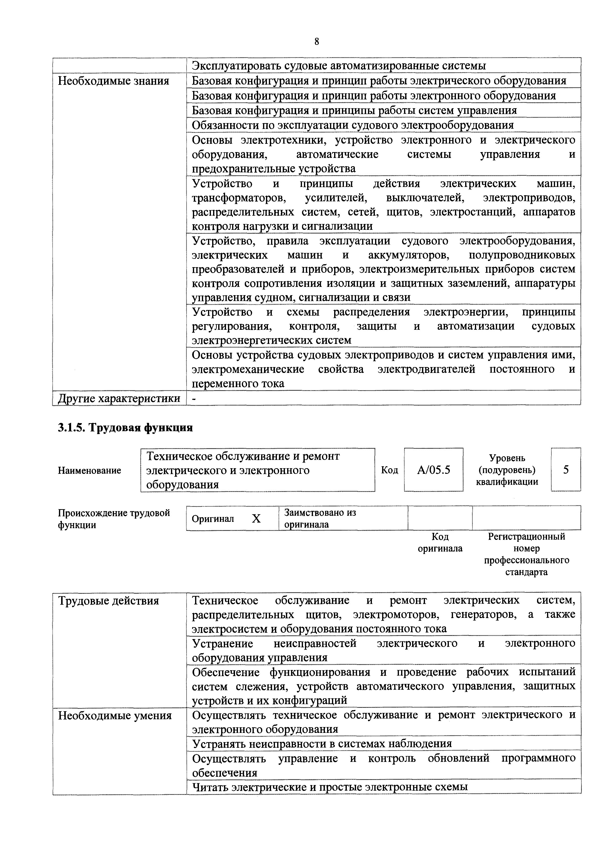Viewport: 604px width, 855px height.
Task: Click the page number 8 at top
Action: pos(316,42)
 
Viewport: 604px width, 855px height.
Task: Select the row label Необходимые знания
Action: pos(113,81)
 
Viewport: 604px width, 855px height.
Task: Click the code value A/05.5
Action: pos(434,470)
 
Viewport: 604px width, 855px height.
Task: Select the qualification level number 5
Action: pos(566,470)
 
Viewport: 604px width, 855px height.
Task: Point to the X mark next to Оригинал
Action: pos(256,519)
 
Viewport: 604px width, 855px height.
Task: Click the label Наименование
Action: pos(89,470)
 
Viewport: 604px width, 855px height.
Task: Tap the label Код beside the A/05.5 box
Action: pos(389,470)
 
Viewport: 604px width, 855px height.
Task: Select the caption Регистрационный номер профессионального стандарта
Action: pos(526,554)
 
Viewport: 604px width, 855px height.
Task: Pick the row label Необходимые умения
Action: pos(115,716)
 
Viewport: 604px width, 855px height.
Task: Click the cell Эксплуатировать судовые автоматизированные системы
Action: pos(339,66)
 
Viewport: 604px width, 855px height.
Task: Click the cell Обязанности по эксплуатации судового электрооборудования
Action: pos(352,125)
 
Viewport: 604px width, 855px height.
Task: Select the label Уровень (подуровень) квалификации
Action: pos(507,470)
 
